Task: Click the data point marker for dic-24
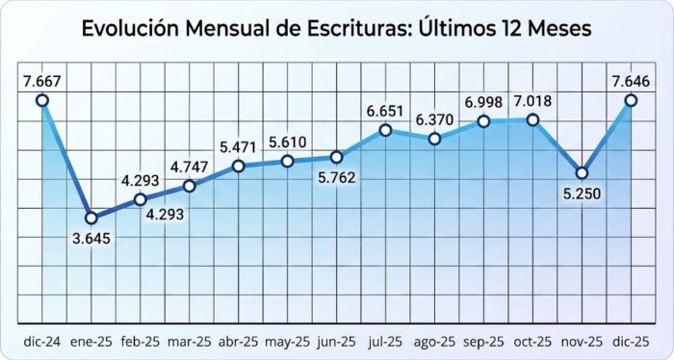click(42, 99)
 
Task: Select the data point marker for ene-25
click(91, 218)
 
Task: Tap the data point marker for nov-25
click(582, 173)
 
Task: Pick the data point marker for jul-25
click(385, 130)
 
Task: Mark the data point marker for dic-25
click(631, 99)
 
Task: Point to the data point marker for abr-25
click(238, 167)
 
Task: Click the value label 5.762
click(336, 178)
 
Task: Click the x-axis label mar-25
click(189, 342)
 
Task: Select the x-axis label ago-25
click(434, 342)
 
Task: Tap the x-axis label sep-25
click(483, 342)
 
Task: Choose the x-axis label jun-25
click(336, 342)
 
